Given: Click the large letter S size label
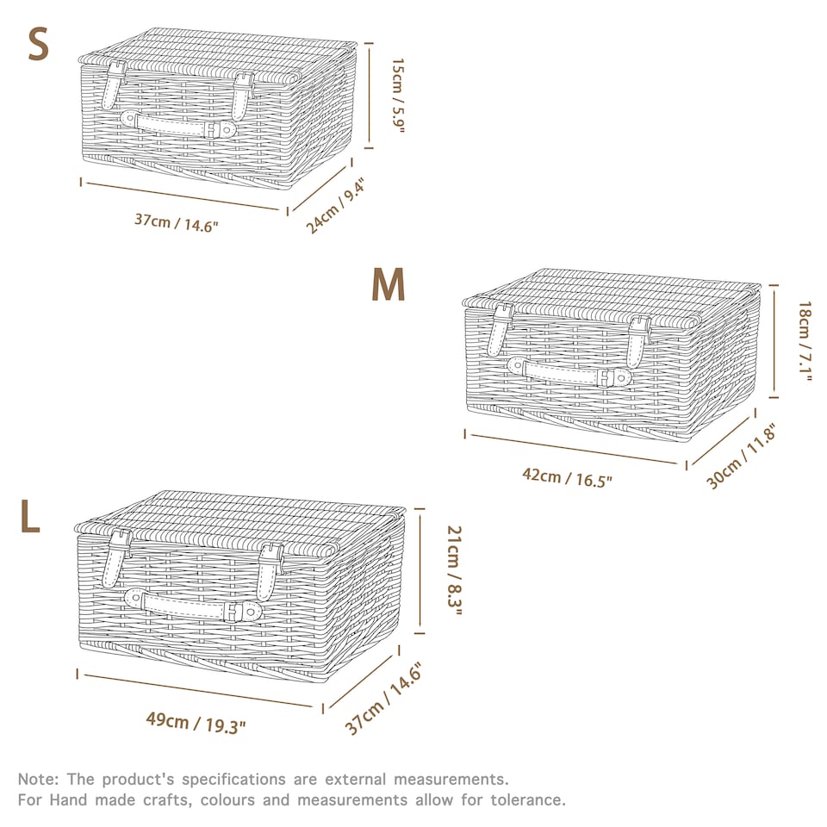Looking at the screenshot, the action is [38, 44].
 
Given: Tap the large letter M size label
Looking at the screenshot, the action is [389, 284].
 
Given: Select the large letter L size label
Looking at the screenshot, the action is [29, 517].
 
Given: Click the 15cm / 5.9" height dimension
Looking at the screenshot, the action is [398, 96].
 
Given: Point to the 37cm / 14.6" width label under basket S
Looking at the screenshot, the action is [176, 222].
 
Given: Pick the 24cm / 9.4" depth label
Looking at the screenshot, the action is [335, 206].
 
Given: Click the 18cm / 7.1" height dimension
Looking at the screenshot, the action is [805, 341].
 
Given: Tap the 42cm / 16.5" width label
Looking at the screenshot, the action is [567, 477].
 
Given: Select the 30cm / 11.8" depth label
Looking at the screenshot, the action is [741, 457].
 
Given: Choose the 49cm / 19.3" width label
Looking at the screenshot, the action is [196, 723].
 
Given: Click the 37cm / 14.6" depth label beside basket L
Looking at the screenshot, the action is [383, 699].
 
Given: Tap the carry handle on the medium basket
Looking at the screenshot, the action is [569, 371].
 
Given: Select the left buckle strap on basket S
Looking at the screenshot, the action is [114, 84].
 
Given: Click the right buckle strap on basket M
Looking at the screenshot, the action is [637, 341].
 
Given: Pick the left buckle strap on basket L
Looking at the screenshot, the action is [118, 557].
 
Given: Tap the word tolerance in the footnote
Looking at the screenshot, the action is [528, 800].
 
